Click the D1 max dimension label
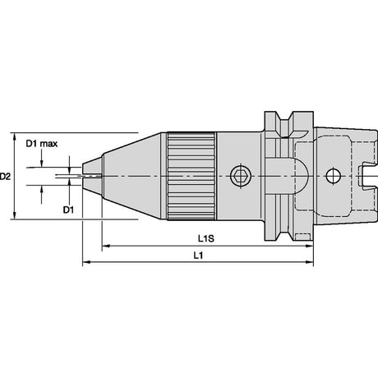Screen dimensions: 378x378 [42, 144]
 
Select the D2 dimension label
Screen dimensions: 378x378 [5, 177]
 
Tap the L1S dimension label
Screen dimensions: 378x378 [206, 238]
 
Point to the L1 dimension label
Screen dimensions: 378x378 [198, 256]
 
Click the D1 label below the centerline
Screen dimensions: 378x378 [68, 210]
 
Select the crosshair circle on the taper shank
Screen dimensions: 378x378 [334, 176]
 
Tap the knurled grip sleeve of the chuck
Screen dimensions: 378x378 [191, 176]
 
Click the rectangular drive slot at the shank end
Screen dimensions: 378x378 [367, 176]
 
